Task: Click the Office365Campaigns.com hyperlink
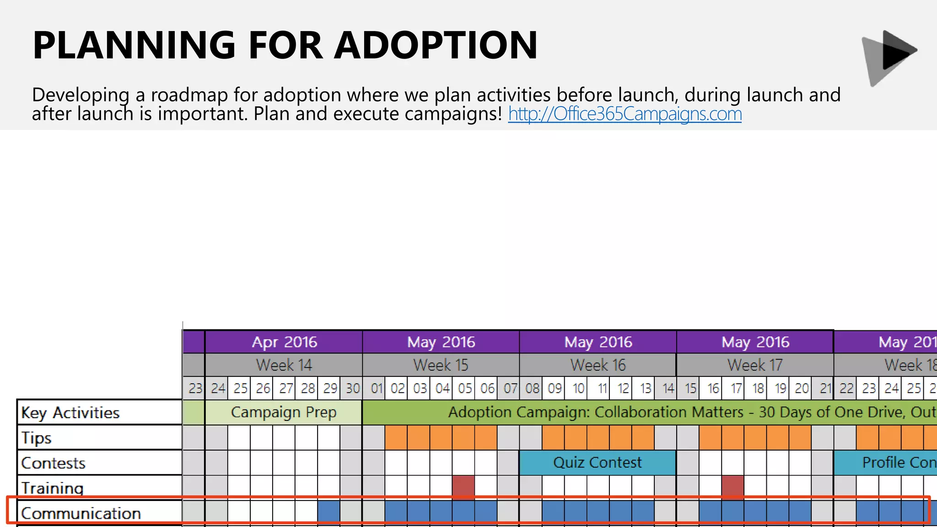click(x=625, y=114)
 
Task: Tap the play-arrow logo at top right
click(x=889, y=57)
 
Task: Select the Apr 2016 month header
click(x=284, y=342)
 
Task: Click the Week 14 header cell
click(x=284, y=365)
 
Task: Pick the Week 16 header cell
click(x=598, y=365)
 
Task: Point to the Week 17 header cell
click(x=755, y=365)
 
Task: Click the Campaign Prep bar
click(x=284, y=412)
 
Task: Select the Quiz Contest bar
click(x=598, y=462)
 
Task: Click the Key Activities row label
click(x=70, y=413)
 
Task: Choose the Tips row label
click(x=37, y=438)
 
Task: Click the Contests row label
click(x=53, y=463)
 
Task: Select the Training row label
click(x=52, y=488)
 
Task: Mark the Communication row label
click(x=81, y=513)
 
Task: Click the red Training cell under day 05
click(x=463, y=487)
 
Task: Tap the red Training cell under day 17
click(x=732, y=487)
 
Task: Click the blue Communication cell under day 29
click(x=329, y=511)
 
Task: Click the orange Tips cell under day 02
click(x=396, y=437)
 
